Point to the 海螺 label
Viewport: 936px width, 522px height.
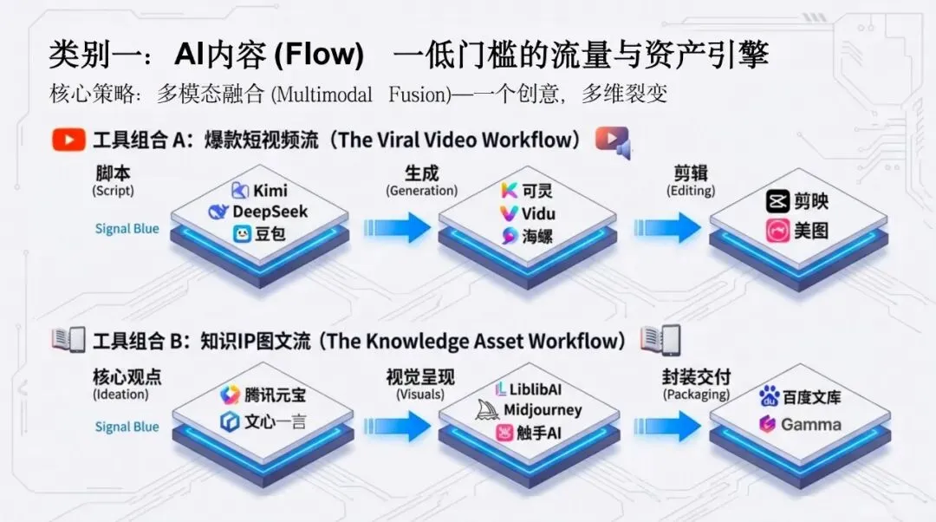537,236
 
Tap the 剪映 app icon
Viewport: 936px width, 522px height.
778,202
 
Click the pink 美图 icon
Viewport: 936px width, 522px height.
778,232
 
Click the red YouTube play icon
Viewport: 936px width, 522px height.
68,140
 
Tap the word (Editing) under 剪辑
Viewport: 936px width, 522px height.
690,191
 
